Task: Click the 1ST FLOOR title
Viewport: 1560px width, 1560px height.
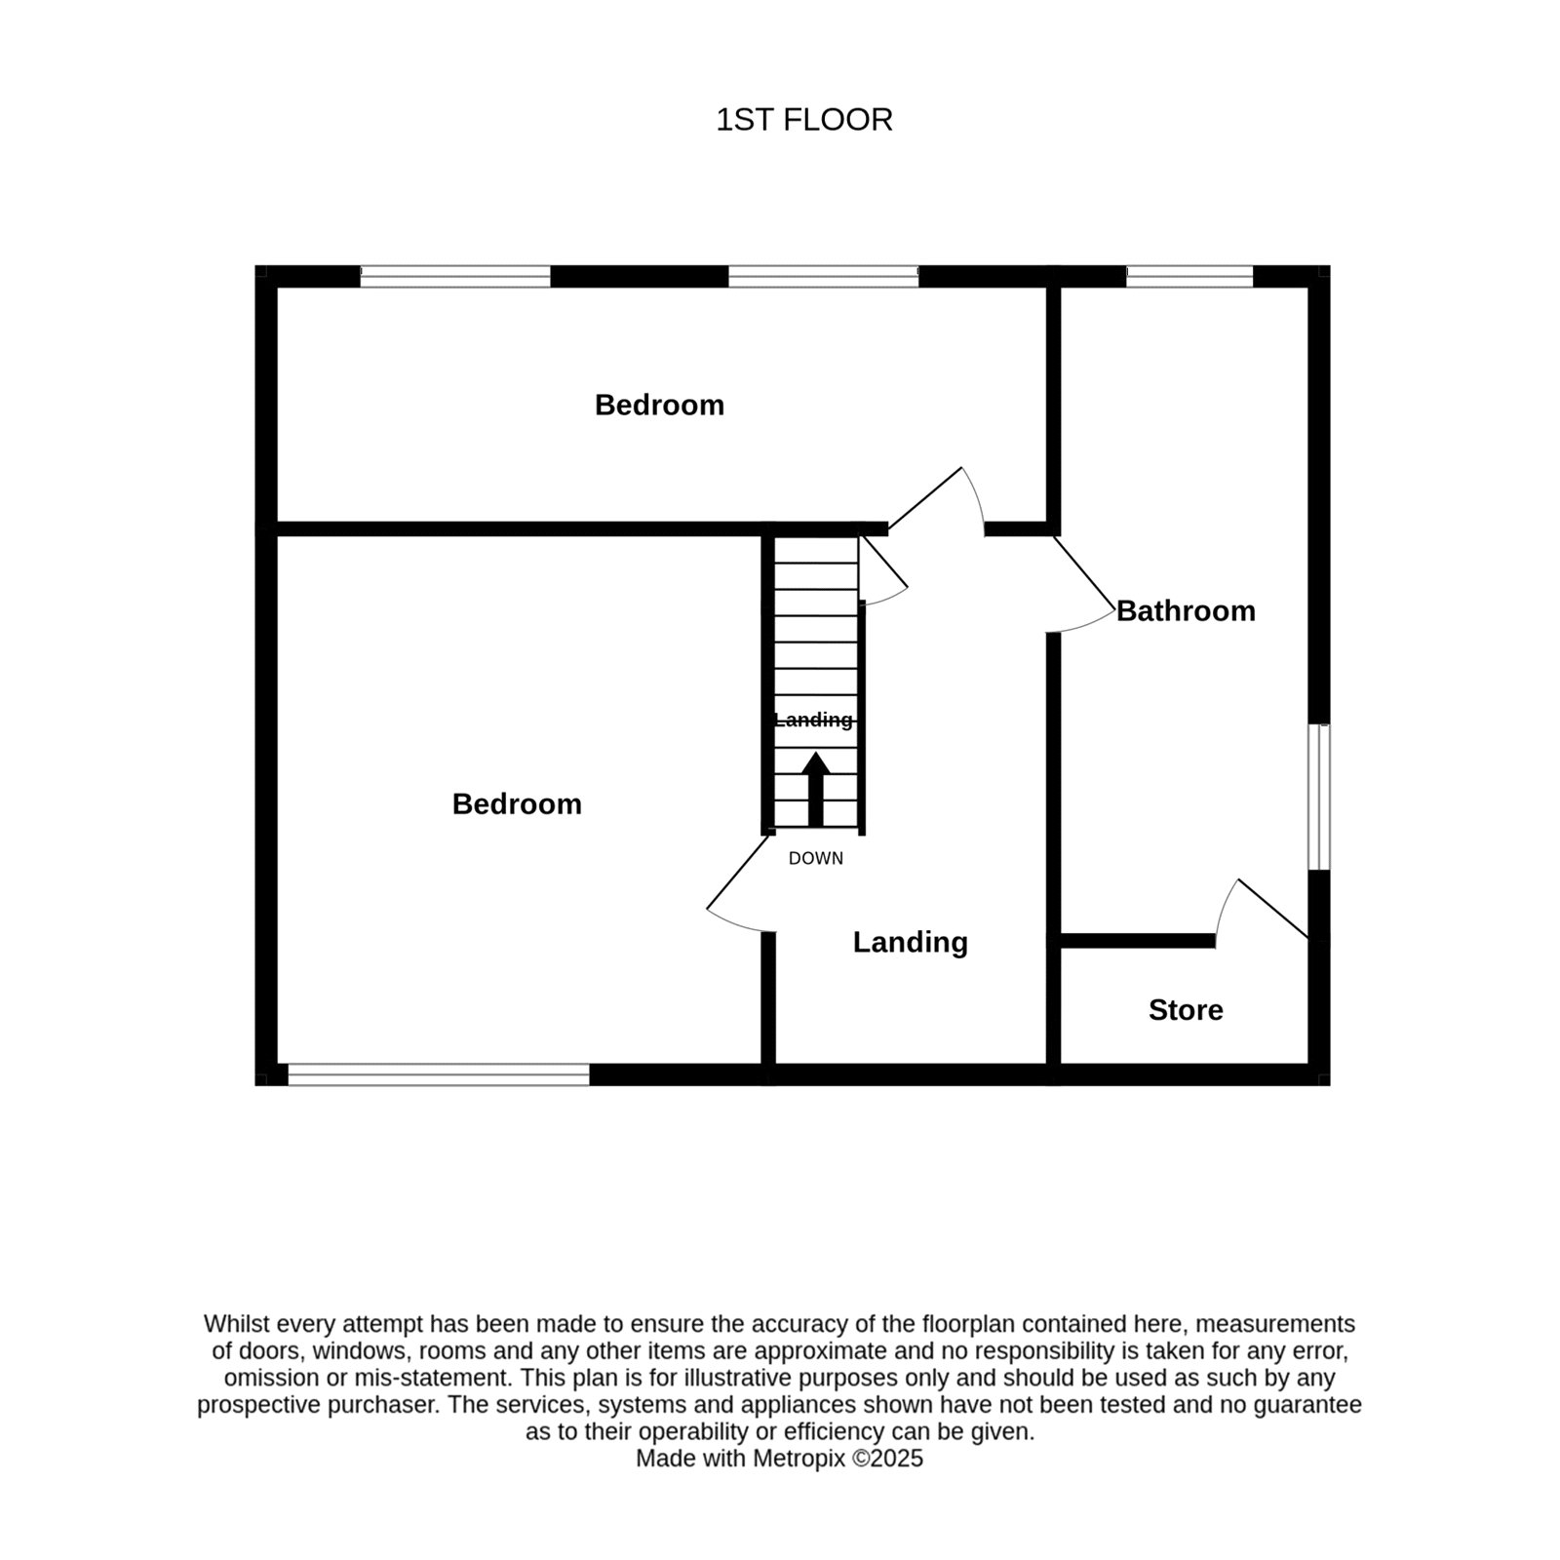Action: pyautogui.click(x=804, y=120)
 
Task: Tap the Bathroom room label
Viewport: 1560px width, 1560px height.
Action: pyautogui.click(x=1186, y=611)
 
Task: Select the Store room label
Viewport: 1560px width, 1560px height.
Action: pyautogui.click(x=1186, y=1010)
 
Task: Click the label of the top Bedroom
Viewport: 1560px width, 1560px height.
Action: pyautogui.click(x=660, y=405)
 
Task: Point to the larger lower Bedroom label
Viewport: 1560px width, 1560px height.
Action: pyautogui.click(x=517, y=803)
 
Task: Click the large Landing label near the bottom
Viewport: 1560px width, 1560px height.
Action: pyautogui.click(x=911, y=942)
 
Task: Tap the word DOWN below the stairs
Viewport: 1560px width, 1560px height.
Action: pyautogui.click(x=816, y=859)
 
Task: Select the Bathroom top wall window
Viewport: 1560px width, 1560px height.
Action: pyautogui.click(x=1189, y=276)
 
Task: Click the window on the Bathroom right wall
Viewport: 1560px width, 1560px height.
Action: pyautogui.click(x=1319, y=797)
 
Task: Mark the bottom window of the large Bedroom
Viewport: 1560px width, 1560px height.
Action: pyautogui.click(x=439, y=1074)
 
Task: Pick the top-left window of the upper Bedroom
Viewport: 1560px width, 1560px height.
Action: pyautogui.click(x=455, y=276)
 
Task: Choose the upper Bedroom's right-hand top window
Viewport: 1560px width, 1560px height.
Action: pyautogui.click(x=824, y=276)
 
